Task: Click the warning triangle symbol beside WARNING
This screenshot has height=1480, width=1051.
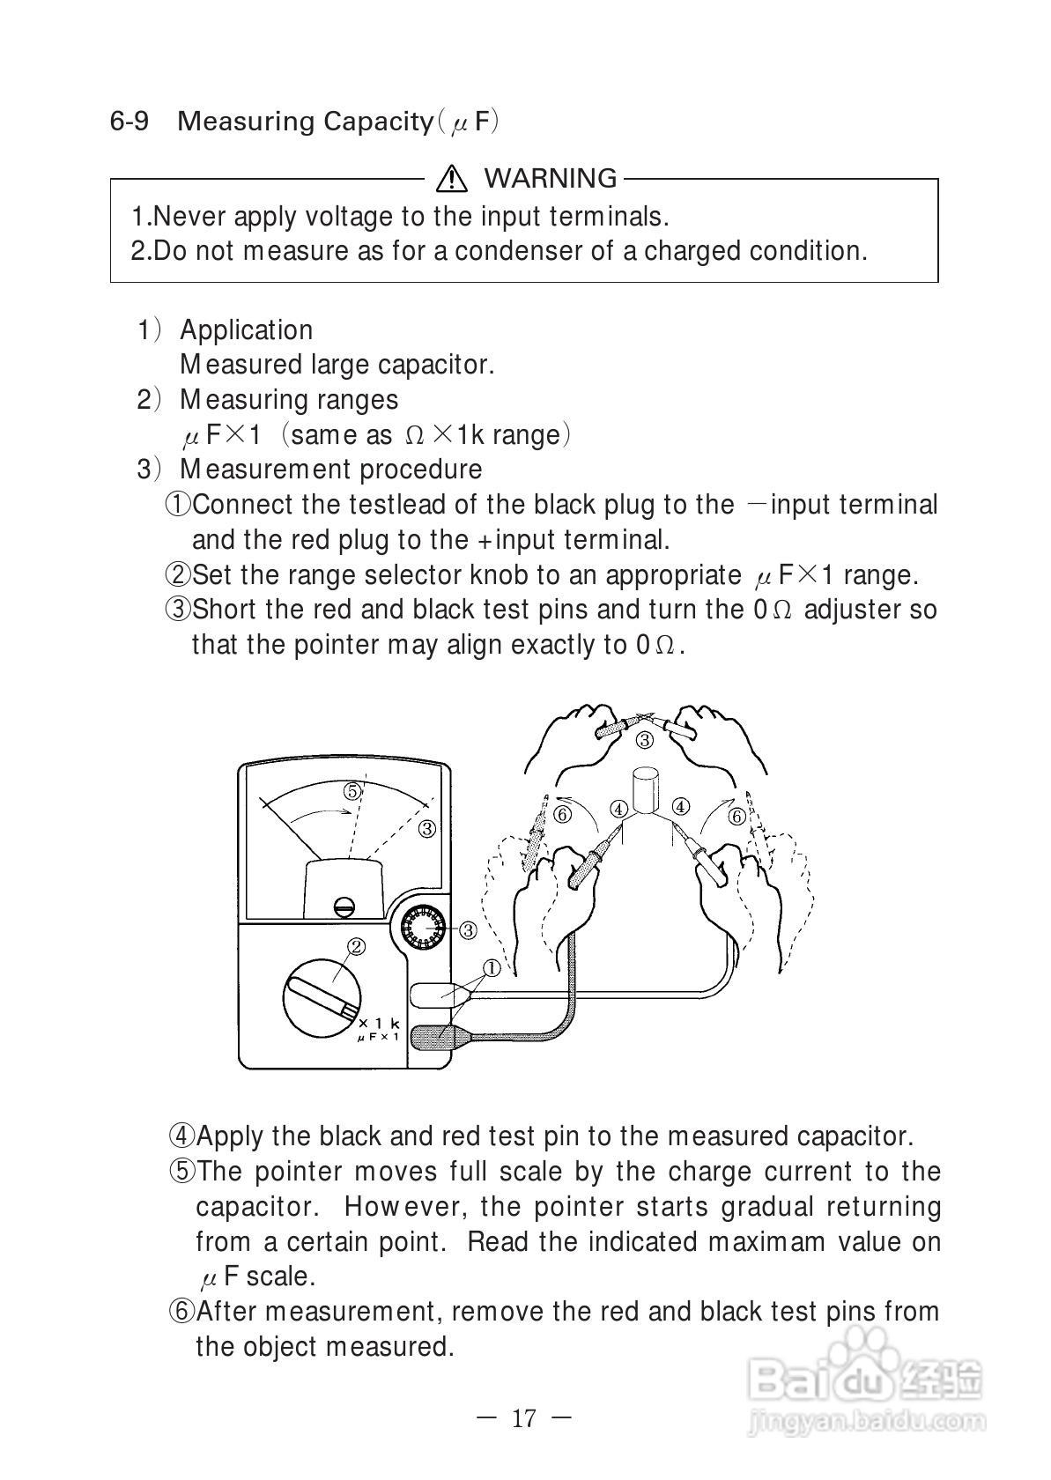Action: [x=451, y=179]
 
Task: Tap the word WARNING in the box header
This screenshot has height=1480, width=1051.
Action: [x=551, y=179]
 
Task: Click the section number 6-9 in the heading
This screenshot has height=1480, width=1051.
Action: [x=129, y=122]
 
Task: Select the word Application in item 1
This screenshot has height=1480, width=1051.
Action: [x=246, y=330]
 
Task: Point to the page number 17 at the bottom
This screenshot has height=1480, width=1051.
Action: [x=523, y=1418]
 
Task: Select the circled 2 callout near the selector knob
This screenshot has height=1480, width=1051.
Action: [x=357, y=947]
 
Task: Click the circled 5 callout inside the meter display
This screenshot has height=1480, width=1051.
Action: [x=352, y=791]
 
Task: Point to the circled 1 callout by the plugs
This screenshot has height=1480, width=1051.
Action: [x=492, y=968]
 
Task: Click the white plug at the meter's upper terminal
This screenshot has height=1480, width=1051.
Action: [x=433, y=995]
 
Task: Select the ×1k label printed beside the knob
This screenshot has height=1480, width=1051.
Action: [x=380, y=1023]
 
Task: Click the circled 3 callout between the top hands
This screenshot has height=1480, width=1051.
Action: [x=645, y=740]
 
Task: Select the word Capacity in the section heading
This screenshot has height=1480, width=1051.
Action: [x=376, y=122]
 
